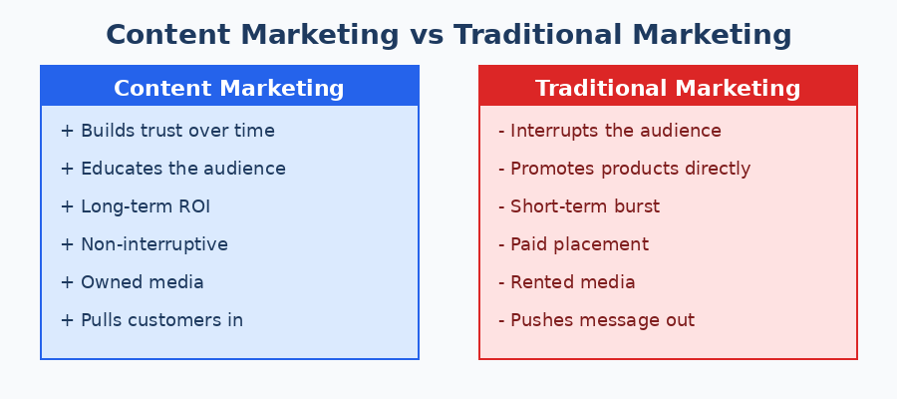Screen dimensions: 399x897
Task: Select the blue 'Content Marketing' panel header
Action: (x=229, y=88)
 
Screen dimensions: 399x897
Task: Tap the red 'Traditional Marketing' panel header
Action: (x=668, y=88)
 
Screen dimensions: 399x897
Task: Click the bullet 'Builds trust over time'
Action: (x=167, y=131)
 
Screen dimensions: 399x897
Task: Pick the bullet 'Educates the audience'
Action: (x=172, y=169)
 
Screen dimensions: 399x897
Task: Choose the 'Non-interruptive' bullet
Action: (x=144, y=244)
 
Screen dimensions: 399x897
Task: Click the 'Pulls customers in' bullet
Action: (x=151, y=320)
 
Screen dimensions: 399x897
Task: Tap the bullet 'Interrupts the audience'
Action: (x=609, y=131)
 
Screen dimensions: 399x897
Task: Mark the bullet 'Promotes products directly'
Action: (x=624, y=169)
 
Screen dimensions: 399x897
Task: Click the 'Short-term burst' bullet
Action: (x=578, y=206)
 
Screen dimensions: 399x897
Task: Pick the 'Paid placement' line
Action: (x=573, y=244)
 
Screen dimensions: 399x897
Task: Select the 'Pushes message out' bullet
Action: (x=596, y=320)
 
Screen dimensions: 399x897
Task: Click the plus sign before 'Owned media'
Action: (x=67, y=282)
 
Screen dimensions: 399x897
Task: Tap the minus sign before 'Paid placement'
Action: (x=501, y=244)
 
